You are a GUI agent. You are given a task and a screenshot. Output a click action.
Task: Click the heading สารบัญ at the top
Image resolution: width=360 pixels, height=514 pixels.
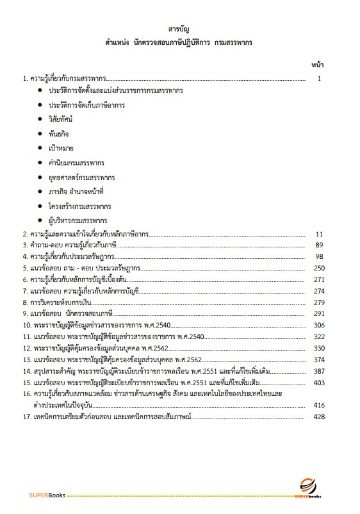[179, 29]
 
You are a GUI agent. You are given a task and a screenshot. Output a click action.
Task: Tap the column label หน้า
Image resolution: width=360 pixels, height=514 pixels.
[318, 65]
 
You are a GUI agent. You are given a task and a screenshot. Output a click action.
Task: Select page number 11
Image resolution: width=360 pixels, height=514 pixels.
[321, 235]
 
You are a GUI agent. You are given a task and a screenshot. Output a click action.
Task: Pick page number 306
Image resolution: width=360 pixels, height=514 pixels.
[319, 325]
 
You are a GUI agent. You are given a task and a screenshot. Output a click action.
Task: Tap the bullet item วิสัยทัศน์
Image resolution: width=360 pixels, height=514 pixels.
[61, 120]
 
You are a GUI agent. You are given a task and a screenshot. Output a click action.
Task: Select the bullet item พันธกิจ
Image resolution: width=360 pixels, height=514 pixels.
[58, 135]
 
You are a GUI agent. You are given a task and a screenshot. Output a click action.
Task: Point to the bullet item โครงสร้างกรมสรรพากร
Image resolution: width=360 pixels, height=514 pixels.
[79, 206]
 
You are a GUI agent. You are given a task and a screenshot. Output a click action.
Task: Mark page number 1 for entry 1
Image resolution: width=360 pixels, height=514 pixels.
[327, 79]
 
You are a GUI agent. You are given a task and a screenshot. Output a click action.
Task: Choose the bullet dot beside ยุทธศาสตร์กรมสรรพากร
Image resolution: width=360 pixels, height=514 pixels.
[40, 178]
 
